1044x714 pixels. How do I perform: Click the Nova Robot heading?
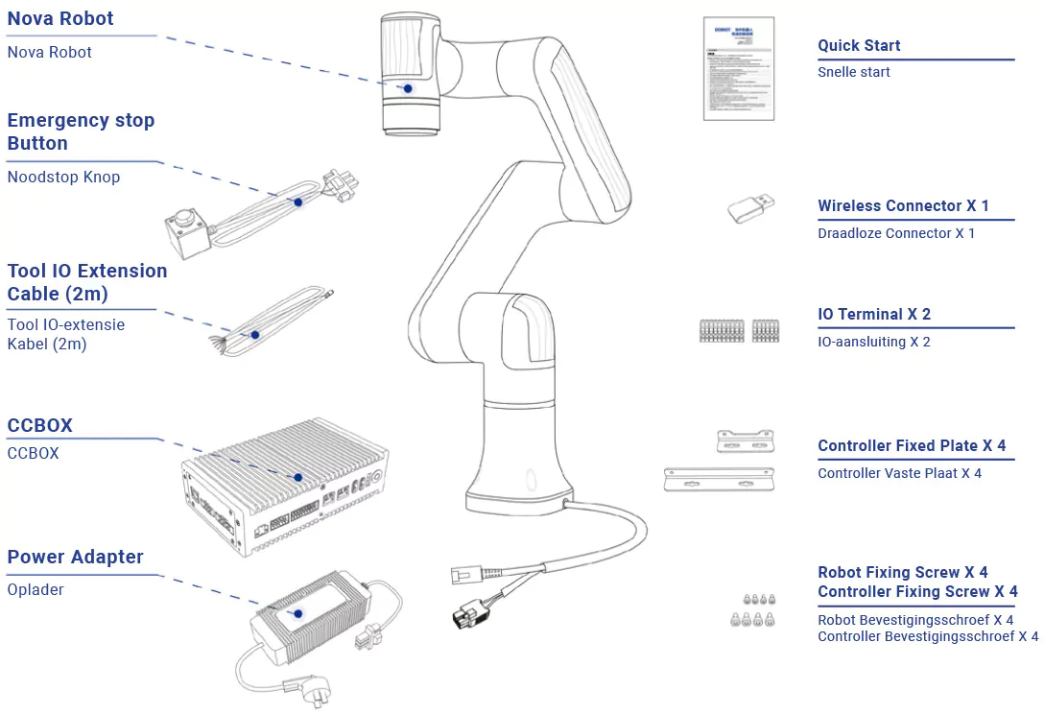(60, 18)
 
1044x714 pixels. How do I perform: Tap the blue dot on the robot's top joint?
(408, 88)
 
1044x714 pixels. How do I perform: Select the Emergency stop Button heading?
(81, 131)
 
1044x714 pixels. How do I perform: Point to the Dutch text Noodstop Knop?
(63, 177)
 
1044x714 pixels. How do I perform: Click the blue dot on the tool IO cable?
(255, 335)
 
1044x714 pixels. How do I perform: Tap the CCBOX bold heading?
(40, 425)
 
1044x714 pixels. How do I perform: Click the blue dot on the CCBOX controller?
(297, 477)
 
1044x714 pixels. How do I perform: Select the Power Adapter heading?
(75, 557)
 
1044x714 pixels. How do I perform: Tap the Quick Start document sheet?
(738, 68)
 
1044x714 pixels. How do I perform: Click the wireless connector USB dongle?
(750, 207)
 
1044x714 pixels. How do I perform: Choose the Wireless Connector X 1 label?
(903, 205)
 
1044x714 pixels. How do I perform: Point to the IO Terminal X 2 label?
(874, 314)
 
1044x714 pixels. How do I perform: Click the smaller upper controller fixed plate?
(746, 441)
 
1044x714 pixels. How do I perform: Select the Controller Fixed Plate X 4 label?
(912, 445)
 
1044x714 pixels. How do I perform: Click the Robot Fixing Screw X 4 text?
(902, 572)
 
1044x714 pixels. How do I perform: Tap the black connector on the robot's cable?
(470, 613)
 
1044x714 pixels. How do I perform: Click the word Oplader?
(36, 589)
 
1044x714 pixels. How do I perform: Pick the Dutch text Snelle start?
(854, 72)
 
